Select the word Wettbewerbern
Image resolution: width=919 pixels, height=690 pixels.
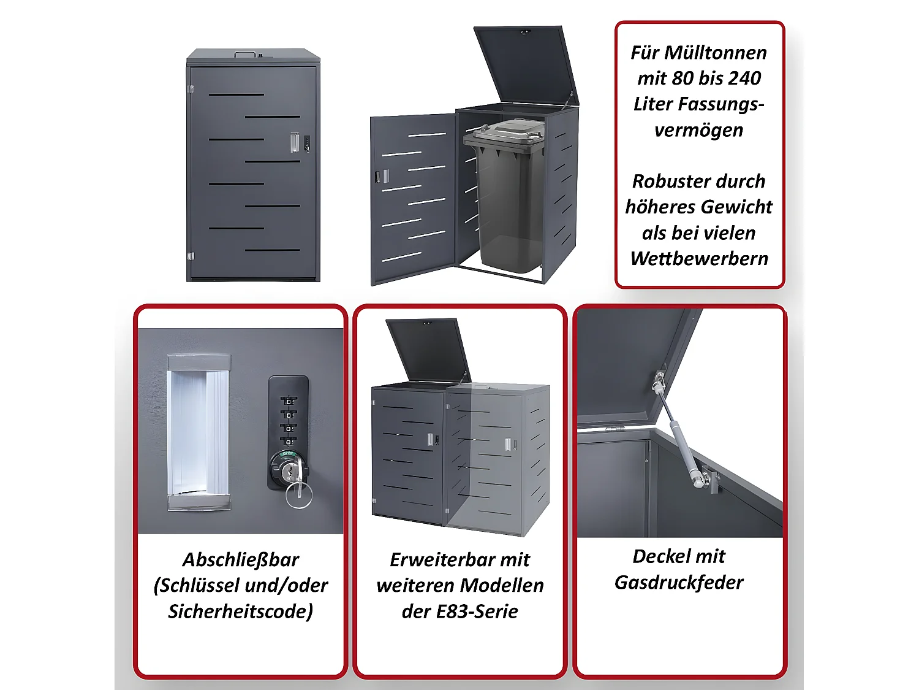click(x=699, y=259)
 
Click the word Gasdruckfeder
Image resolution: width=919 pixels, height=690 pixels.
click(x=679, y=582)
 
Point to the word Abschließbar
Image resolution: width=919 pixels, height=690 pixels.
click(x=241, y=559)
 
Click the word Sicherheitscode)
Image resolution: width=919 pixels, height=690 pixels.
click(x=241, y=611)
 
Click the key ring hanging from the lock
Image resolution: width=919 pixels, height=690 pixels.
click(x=299, y=495)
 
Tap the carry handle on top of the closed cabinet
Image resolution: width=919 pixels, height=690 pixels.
click(x=245, y=54)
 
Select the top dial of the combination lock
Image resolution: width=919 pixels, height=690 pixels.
click(x=289, y=401)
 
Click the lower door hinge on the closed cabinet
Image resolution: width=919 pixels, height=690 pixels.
click(x=191, y=256)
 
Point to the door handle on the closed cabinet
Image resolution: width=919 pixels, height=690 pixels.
click(x=295, y=142)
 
